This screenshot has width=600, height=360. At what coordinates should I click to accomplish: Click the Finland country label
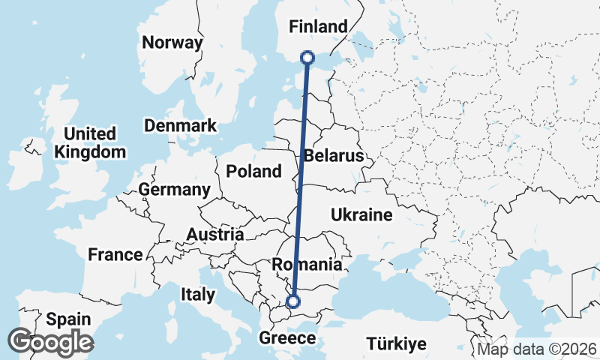319,27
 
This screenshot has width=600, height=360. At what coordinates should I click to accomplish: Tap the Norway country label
172,43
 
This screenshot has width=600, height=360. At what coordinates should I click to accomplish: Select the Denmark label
180,125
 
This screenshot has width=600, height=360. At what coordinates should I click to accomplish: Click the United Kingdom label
90,142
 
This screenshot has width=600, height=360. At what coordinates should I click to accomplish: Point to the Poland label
253,171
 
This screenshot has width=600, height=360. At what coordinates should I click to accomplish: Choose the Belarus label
333,156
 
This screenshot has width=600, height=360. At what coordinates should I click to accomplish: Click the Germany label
174,190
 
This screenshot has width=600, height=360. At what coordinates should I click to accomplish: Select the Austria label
214,235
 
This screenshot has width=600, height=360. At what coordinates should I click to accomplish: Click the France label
115,255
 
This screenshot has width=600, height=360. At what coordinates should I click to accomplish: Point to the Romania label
307,265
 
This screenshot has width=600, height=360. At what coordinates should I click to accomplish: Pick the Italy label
197,295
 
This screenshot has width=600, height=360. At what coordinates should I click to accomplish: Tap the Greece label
287,338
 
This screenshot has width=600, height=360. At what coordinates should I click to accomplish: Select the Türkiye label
397,344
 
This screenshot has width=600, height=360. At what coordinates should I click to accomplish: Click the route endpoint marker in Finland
307,57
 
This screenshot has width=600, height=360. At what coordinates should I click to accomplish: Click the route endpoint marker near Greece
293,302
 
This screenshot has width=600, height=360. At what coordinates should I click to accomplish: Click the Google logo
50,343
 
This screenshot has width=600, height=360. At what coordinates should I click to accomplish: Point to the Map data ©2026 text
537,349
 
